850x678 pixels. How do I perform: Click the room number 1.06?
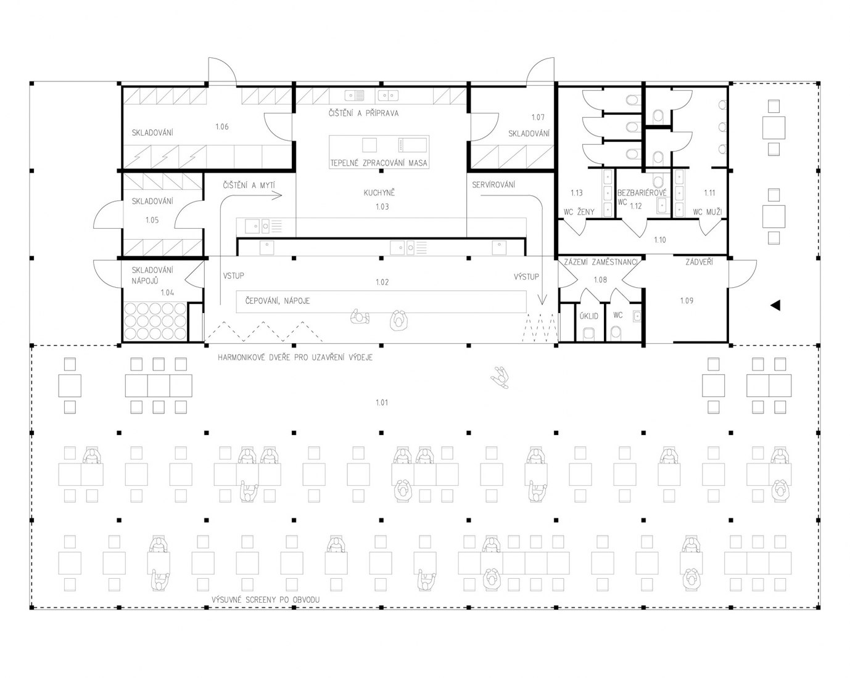(221, 127)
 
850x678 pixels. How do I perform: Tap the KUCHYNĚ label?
(379, 192)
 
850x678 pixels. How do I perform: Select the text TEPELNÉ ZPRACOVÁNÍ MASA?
(379, 163)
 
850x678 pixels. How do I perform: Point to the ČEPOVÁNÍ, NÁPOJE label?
(278, 301)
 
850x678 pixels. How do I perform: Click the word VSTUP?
(233, 276)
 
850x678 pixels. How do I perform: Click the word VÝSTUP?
(526, 277)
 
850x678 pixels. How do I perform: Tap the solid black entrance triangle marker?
(775, 305)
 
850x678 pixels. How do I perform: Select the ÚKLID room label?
(588, 316)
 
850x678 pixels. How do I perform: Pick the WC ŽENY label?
(579, 212)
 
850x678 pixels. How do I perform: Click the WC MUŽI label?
(708, 212)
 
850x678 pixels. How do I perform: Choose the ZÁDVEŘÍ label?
(699, 262)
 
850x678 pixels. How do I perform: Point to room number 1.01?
(382, 402)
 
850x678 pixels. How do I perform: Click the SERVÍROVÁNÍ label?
(493, 185)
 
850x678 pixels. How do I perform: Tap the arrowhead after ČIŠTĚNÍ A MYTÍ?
(278, 195)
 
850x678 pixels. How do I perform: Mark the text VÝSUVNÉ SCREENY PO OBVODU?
(265, 600)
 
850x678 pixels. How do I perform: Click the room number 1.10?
(659, 240)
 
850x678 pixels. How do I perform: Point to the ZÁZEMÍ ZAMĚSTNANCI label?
(600, 262)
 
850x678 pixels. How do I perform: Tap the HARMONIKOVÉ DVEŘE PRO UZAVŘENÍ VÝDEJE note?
(295, 357)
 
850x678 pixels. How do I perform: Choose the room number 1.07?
(537, 117)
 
